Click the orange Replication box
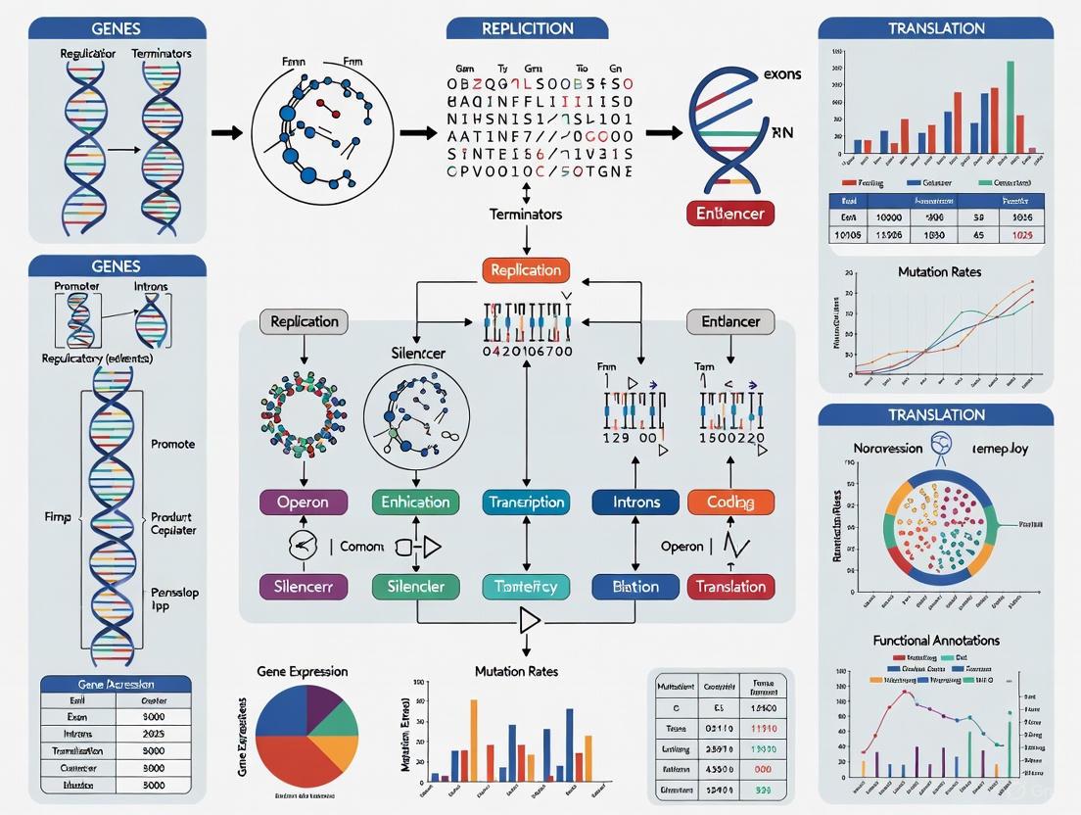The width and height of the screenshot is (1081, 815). tap(526, 270)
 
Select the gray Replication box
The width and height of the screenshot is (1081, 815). tap(304, 321)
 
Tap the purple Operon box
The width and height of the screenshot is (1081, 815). tap(304, 503)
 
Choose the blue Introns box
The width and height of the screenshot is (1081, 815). tap(635, 503)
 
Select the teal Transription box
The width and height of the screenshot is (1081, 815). tap(526, 503)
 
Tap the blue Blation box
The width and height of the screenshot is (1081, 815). tap(635, 587)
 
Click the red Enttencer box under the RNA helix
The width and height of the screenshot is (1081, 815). tap(730, 213)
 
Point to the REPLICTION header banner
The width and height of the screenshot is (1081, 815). tap(527, 28)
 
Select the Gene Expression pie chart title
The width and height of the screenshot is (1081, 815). tap(303, 671)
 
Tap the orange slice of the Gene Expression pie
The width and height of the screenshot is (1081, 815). tap(339, 751)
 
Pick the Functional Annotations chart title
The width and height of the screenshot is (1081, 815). tap(936, 640)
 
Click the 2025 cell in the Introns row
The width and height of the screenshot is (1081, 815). tap(154, 733)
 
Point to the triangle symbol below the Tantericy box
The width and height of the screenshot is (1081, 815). tap(529, 620)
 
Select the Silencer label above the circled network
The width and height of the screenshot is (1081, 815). tap(418, 352)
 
